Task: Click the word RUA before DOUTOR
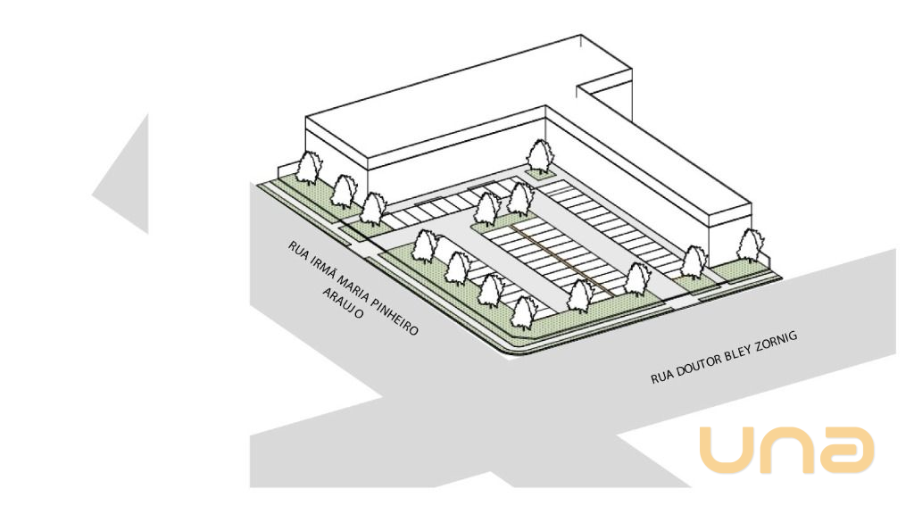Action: coord(661,377)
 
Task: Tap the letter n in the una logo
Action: coord(786,450)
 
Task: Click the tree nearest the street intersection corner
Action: coord(524,311)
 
